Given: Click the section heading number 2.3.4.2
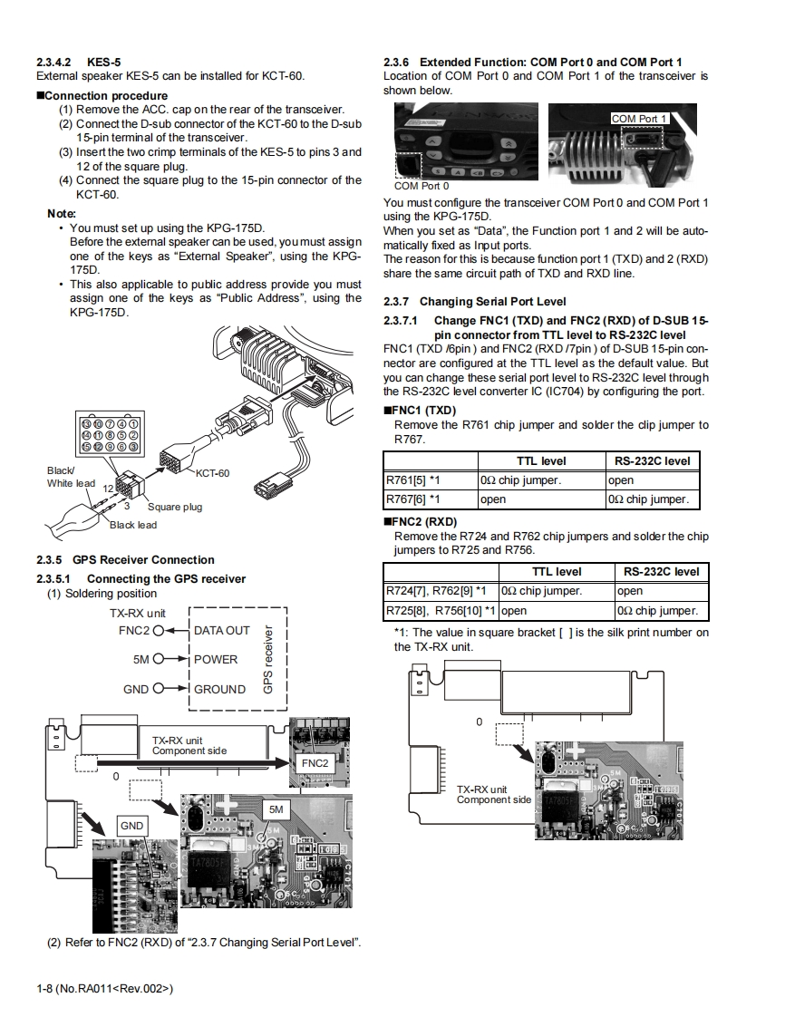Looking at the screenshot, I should (54, 62).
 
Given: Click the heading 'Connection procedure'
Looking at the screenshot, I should (106, 95).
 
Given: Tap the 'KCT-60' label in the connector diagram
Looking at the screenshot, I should (213, 473).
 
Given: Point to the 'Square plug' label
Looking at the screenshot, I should (175, 507).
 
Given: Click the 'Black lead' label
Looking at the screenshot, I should (133, 525).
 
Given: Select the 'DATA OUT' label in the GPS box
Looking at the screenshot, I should (222, 630).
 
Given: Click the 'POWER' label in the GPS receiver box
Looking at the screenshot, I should (216, 659).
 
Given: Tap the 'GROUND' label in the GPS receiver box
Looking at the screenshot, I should (219, 689).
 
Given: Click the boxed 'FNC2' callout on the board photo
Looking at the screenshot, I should (315, 763).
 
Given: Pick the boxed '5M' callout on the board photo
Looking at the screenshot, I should (276, 809).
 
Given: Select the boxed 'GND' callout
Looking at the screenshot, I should (132, 826).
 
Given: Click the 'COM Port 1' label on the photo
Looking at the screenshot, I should (638, 119).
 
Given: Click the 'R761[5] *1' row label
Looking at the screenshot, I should (413, 480).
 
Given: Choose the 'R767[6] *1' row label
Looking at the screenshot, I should (413, 499).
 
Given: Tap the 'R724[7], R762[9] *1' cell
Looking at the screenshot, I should (436, 591).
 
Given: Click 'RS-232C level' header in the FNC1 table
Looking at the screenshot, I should (652, 461).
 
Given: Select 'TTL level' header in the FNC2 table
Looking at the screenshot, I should (555, 572).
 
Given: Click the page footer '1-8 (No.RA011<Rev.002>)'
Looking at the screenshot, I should (104, 987).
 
